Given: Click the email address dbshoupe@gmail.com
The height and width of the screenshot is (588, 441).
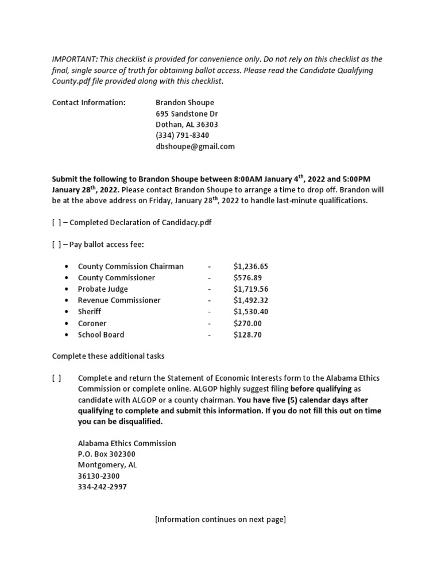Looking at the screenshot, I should (195, 146).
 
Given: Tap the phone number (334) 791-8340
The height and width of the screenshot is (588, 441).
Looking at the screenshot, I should (183, 136).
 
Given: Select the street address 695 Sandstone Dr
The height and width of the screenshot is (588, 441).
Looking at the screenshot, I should (187, 114).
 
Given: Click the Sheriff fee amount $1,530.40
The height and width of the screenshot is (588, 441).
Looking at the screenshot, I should (251, 312).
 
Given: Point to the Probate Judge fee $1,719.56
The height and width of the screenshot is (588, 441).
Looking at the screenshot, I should (251, 289).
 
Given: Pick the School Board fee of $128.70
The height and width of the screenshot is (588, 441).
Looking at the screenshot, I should (247, 335).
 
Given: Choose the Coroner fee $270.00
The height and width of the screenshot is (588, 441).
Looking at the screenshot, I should (247, 323).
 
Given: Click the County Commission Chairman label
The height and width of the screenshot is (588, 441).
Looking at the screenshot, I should (131, 266).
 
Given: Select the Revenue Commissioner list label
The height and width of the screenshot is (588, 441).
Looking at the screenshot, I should (119, 300).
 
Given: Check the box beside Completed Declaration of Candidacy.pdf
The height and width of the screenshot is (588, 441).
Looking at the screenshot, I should (57, 223).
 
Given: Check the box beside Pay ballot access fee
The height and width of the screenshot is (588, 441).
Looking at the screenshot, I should (57, 245).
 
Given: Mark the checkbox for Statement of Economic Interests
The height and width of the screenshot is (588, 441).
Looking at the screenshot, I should (57, 378).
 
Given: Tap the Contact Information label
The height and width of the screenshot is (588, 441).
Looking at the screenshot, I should (88, 103).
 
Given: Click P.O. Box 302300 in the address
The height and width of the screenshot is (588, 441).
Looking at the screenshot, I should (106, 454).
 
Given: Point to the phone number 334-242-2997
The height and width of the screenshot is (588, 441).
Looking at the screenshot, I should (102, 487).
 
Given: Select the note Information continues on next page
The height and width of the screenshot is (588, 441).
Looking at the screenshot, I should (220, 520).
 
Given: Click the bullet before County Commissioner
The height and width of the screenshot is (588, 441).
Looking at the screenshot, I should (67, 278).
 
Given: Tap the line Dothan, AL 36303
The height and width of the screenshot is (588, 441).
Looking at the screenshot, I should (187, 125).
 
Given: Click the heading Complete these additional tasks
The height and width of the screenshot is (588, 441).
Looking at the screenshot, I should (108, 356).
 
